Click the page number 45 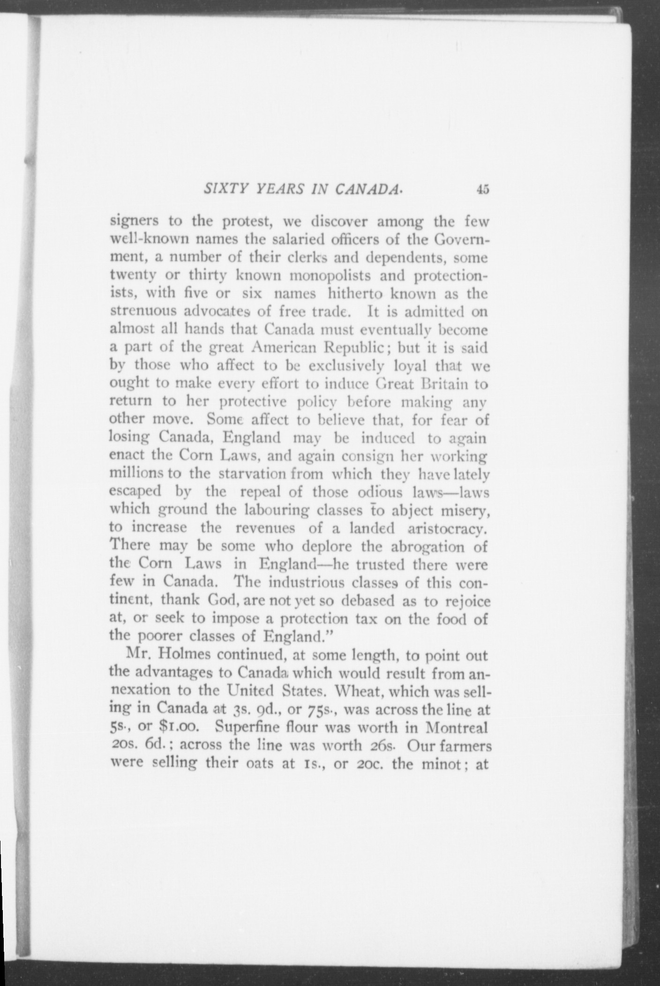pos(482,189)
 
